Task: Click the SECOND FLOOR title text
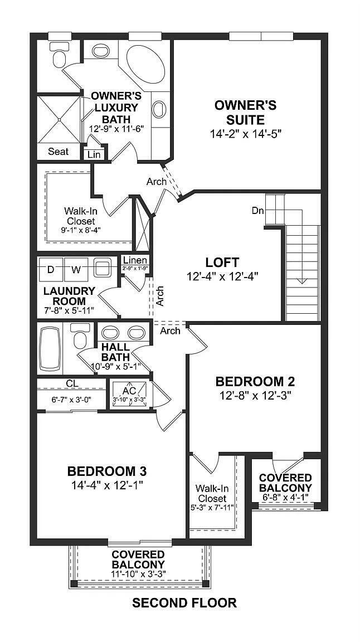(x=184, y=602)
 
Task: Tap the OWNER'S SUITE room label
(x=245, y=112)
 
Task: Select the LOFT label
(x=222, y=262)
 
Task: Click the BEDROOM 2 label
(x=255, y=382)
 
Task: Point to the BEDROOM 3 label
(x=108, y=471)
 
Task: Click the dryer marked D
(x=51, y=270)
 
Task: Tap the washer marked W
(x=76, y=270)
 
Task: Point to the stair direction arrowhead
(x=301, y=280)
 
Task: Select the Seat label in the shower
(x=58, y=152)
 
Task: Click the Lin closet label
(x=94, y=154)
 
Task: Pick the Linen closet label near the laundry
(x=135, y=260)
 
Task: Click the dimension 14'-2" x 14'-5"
(x=245, y=134)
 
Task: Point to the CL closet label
(x=71, y=383)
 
